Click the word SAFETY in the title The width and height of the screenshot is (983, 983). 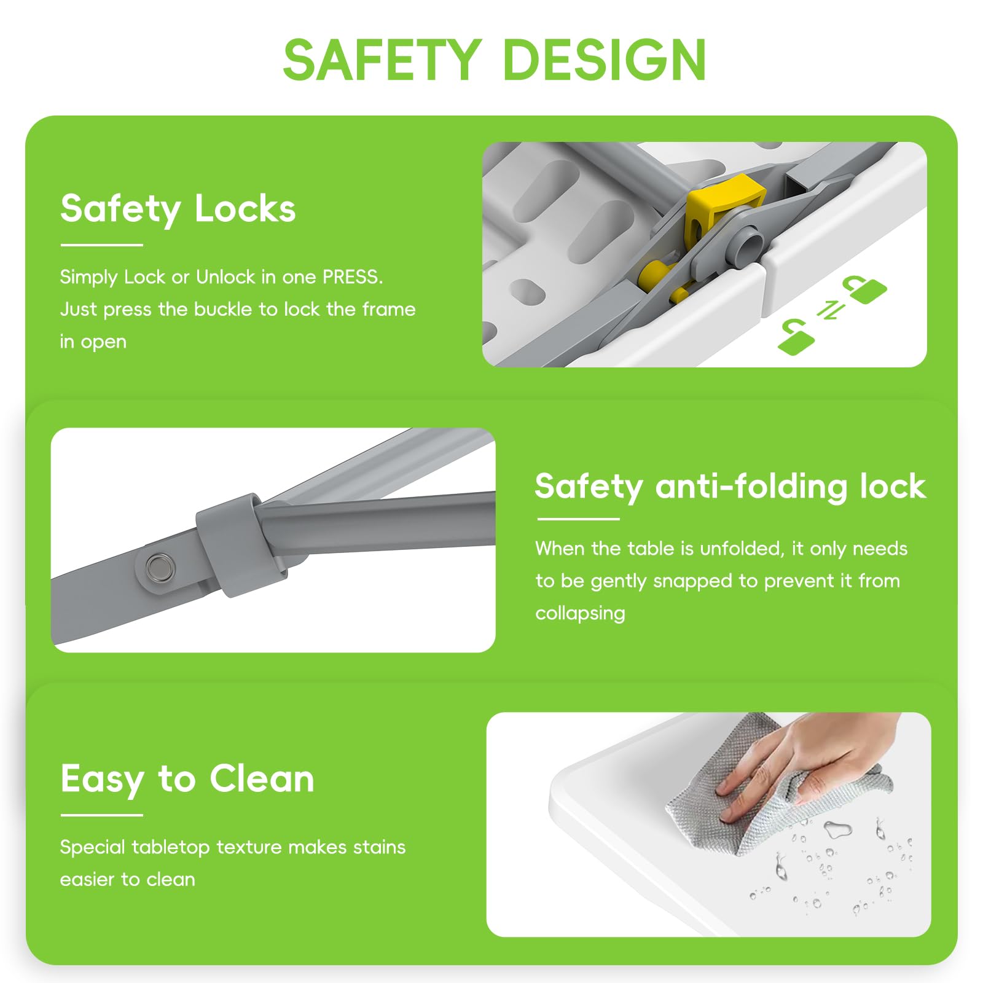pyautogui.click(x=382, y=59)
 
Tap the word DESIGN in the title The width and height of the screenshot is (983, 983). pyautogui.click(x=605, y=59)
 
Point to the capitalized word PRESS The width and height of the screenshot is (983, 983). pyautogui.click(x=353, y=277)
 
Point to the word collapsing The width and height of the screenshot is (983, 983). pyautogui.click(x=580, y=613)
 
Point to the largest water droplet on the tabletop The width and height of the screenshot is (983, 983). pyautogui.click(x=838, y=829)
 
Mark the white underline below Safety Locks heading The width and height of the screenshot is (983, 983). pyautogui.click(x=102, y=245)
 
